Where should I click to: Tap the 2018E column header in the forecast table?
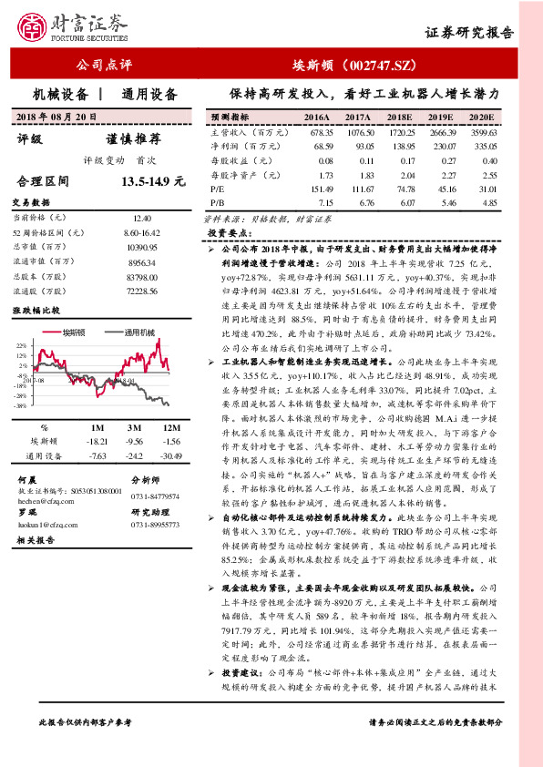point(400,118)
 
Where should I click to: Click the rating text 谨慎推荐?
point(134,139)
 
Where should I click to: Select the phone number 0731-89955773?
point(156,525)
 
